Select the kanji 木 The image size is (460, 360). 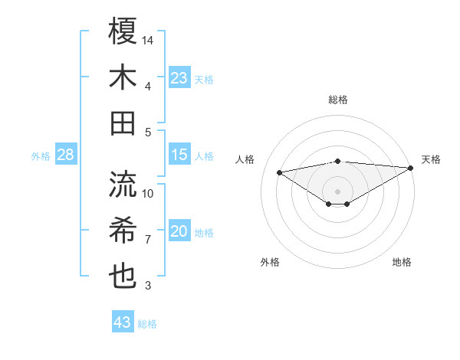(123, 77)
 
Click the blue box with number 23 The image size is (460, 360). (179, 77)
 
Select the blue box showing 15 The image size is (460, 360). (179, 155)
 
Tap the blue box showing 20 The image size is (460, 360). (179, 231)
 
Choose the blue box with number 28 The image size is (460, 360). (65, 155)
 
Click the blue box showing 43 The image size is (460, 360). (123, 322)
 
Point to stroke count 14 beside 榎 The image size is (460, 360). (148, 39)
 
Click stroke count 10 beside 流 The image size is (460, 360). (148, 193)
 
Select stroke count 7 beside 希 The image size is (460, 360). (148, 240)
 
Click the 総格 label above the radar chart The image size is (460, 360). (338, 100)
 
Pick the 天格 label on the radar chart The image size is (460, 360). (431, 159)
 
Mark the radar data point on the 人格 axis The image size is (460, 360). (280, 172)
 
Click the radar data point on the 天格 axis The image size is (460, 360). (411, 168)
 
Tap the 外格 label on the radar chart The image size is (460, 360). (270, 262)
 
